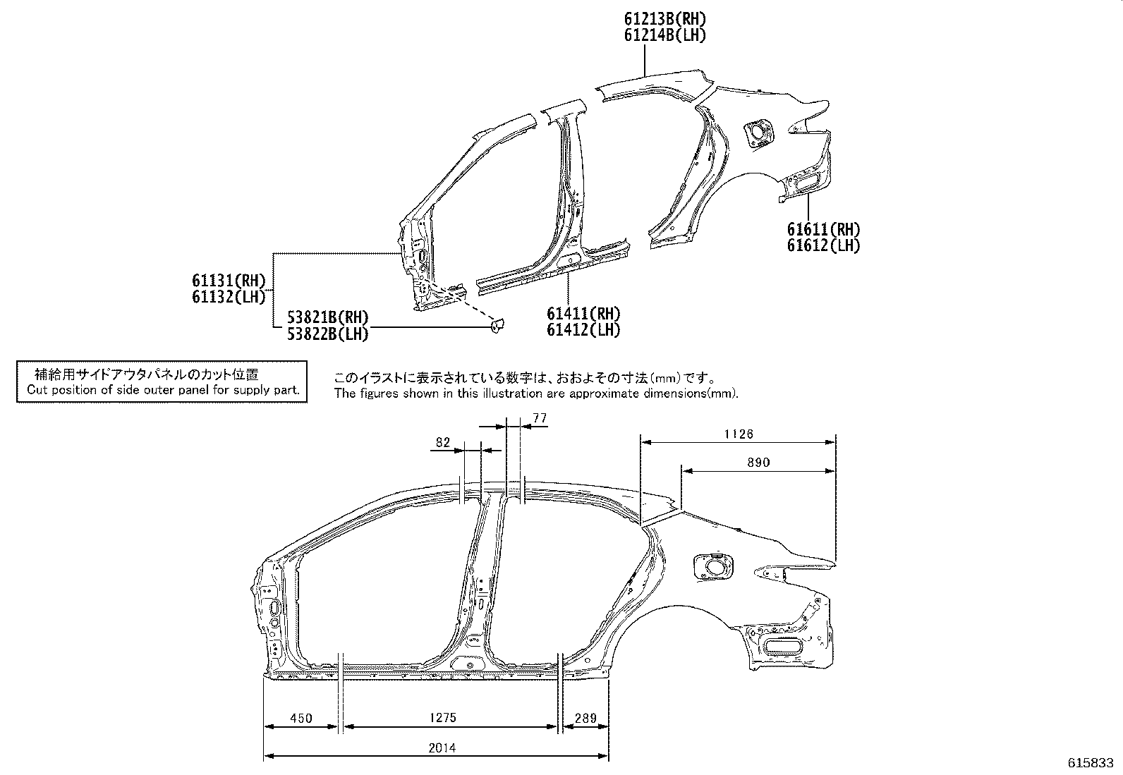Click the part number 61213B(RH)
(x=664, y=19)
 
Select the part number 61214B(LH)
(x=664, y=35)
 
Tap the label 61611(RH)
(x=823, y=230)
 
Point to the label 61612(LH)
(x=823, y=245)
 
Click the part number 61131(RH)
(x=229, y=281)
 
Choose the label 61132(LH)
(x=229, y=297)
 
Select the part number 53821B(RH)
(x=328, y=317)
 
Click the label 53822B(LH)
(x=328, y=334)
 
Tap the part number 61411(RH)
(x=583, y=314)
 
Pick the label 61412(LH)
(x=583, y=330)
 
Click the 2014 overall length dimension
(x=442, y=748)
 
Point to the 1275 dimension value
(x=443, y=718)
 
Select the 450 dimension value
(x=301, y=719)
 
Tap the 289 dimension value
(x=585, y=719)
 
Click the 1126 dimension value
(x=739, y=434)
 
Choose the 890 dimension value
(x=758, y=463)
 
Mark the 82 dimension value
(x=443, y=442)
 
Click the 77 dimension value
(x=540, y=418)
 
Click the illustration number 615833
(x=1091, y=762)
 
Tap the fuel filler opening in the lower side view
(x=712, y=567)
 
